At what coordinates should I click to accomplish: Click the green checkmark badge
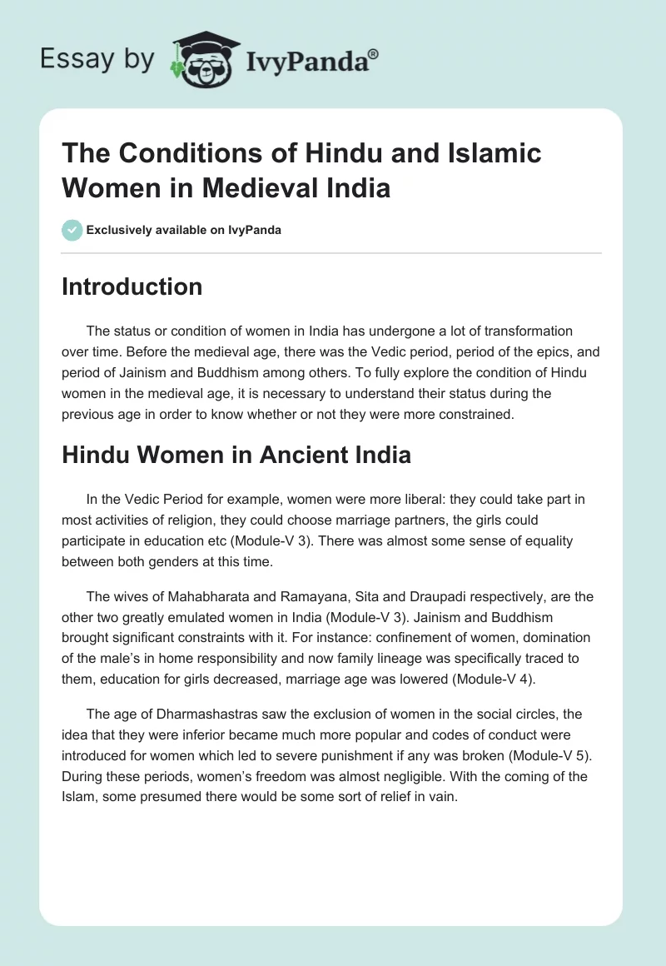pos(72,230)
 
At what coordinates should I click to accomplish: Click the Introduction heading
pos(132,286)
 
